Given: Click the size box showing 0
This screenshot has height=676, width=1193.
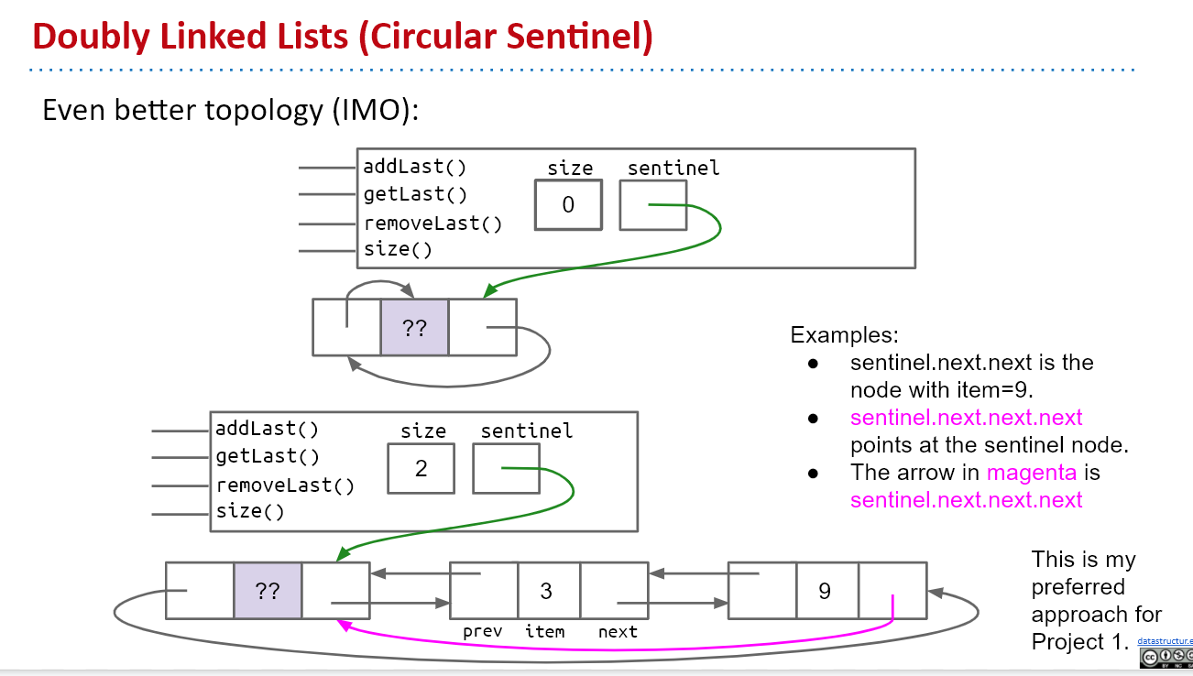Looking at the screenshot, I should (568, 204).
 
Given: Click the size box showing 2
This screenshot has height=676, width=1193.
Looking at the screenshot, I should (421, 468).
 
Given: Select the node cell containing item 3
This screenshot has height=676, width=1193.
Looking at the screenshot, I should (546, 591).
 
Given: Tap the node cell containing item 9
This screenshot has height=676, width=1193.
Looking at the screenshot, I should (825, 591).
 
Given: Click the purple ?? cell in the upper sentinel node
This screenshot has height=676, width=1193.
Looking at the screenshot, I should (414, 328).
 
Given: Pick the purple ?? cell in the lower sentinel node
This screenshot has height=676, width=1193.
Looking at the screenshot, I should (268, 591).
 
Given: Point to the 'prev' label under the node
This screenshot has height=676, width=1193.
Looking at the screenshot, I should (482, 631).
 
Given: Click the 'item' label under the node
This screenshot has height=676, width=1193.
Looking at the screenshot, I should (544, 631).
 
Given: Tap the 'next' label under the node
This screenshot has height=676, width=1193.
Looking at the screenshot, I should (618, 631).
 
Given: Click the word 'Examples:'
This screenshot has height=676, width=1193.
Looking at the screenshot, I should (844, 334).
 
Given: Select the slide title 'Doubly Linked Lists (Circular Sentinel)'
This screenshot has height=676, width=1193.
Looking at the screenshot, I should (343, 36).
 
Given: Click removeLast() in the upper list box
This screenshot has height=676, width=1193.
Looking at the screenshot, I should (432, 223).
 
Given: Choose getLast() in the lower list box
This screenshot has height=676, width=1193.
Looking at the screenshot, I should (268, 456).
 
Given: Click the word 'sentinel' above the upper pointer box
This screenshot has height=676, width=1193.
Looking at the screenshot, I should (673, 168).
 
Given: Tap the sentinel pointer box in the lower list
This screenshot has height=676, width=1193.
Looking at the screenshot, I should (506, 468).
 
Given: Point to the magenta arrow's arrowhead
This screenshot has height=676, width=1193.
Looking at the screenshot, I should (343, 625).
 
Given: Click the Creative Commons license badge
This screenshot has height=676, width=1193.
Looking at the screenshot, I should (1166, 658).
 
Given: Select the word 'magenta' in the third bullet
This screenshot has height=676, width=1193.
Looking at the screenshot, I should (1032, 473).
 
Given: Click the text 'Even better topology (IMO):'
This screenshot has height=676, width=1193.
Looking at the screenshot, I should (230, 110).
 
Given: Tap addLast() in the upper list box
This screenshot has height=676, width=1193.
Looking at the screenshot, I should (414, 167).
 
